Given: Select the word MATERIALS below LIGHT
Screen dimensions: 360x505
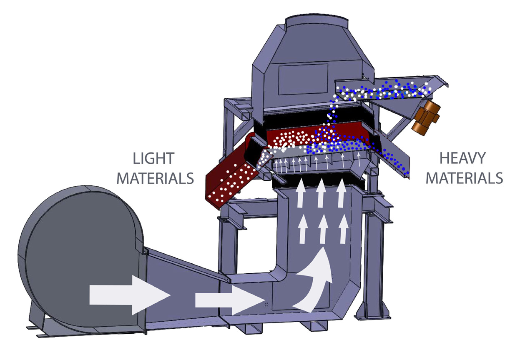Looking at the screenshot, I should pos(155,178).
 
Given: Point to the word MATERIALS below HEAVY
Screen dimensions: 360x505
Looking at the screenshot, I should pos(465,178).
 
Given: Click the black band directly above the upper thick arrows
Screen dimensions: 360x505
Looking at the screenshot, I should pos(319,181).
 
